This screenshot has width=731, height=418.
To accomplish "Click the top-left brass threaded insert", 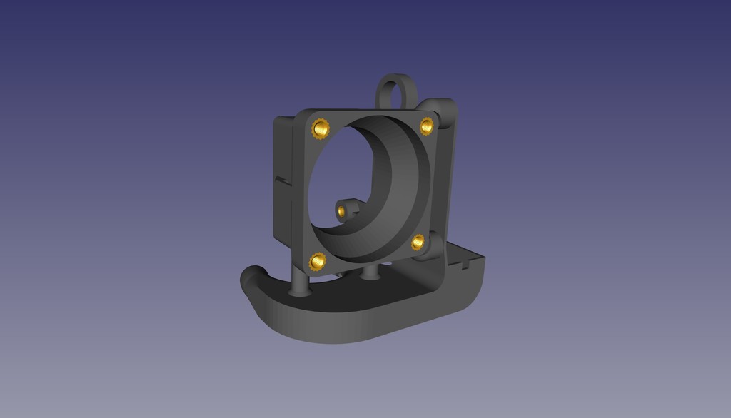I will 321,129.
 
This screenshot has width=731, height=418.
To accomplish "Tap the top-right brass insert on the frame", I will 427,126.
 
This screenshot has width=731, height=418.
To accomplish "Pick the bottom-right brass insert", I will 418,242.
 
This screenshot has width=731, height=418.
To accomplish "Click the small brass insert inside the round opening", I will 343,210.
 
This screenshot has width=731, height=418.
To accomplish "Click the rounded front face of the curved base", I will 343,325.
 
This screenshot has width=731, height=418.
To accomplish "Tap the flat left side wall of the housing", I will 283,214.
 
